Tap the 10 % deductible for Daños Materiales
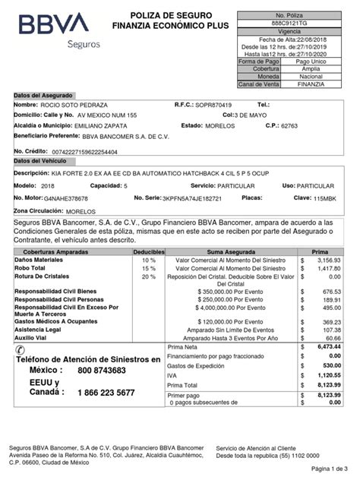pyautogui.click(x=148, y=259)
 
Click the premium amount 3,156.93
pyautogui.click(x=327, y=259)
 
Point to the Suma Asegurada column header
pyautogui.click(x=225, y=250)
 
